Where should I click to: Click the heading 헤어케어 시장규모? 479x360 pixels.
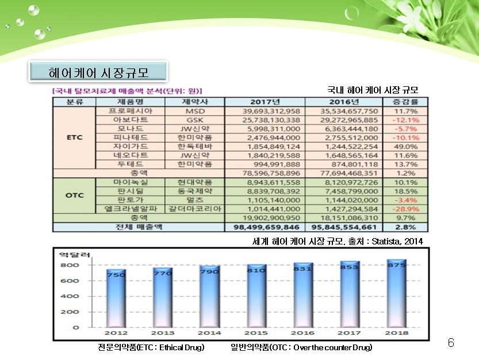[x=98, y=72]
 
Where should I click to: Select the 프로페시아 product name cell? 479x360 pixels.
[x=131, y=111]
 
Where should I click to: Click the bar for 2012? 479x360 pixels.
[x=116, y=299]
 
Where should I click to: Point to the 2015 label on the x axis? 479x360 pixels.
[x=256, y=333]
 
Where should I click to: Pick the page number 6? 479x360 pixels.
[x=451, y=343]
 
